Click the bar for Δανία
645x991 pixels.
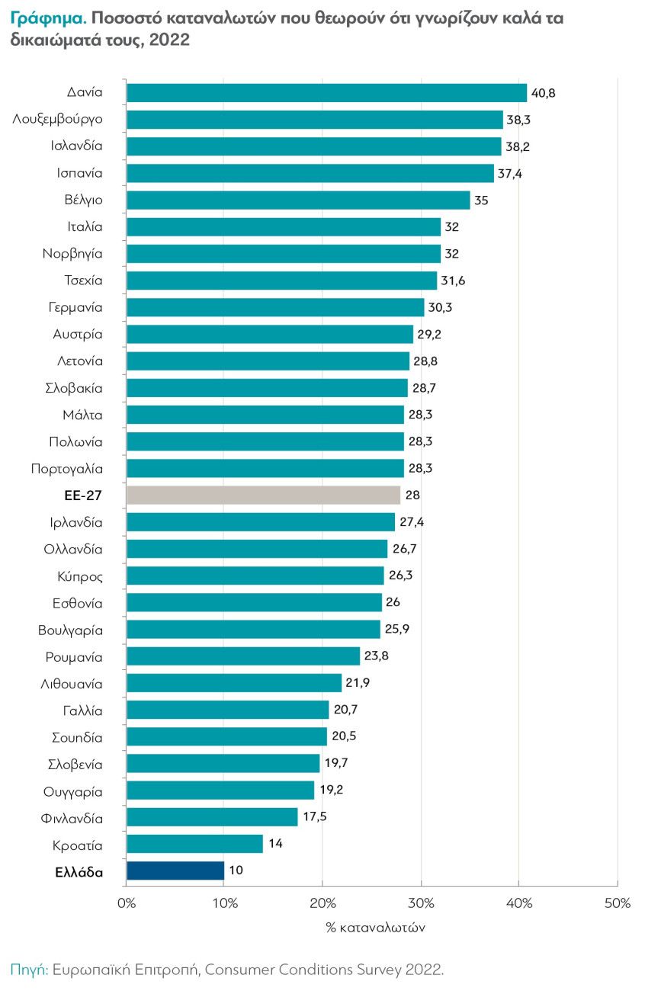(326, 93)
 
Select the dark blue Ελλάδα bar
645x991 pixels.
(175, 871)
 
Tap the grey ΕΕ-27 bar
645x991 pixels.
(263, 496)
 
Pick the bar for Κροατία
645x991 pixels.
(194, 844)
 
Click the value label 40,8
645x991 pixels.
(544, 93)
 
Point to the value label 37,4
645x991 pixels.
(510, 173)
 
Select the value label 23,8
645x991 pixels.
(376, 656)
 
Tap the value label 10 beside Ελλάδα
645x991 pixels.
(236, 871)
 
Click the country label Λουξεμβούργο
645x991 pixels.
(58, 120)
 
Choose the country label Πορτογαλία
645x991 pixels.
(67, 469)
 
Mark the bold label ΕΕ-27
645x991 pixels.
(83, 496)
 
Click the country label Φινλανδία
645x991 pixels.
(72, 818)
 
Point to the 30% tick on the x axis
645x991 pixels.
(421, 903)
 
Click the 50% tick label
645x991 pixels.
(617, 903)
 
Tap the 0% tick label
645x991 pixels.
(127, 903)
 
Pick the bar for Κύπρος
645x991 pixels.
(255, 576)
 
